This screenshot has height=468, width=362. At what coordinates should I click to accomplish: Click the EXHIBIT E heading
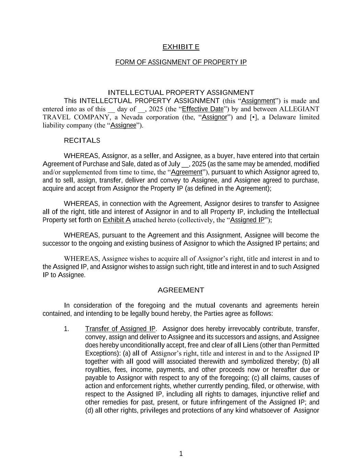[x=181, y=47]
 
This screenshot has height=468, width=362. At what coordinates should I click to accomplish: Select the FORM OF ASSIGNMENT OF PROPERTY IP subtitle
[x=181, y=62]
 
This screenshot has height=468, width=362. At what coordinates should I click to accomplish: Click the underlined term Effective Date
[x=202, y=109]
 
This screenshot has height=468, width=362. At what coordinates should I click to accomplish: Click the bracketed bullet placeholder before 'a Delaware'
[x=254, y=117]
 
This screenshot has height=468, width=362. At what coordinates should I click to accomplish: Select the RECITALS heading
[x=82, y=141]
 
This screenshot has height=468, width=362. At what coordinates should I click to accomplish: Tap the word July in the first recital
[x=174, y=164]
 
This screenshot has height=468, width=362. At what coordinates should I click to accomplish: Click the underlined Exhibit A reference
[x=117, y=220]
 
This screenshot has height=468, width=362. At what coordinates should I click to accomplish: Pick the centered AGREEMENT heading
[x=181, y=290]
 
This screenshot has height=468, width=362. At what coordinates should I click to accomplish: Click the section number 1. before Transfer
[x=67, y=329]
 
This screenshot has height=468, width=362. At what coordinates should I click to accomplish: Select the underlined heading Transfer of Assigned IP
[x=120, y=329]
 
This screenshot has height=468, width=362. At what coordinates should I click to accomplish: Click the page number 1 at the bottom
[x=181, y=454]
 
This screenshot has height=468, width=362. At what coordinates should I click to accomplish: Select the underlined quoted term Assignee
[x=123, y=125]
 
